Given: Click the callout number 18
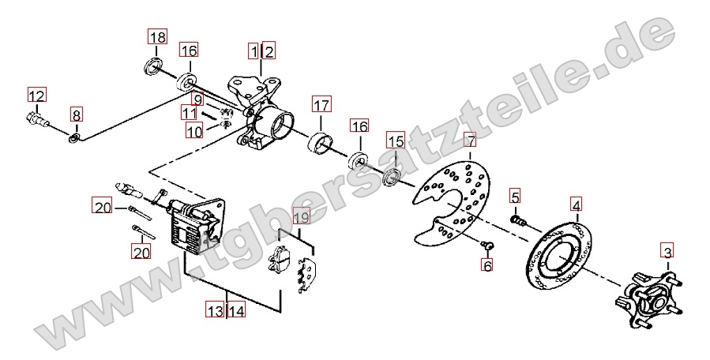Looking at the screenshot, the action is click(x=158, y=36).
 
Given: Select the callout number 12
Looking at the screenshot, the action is click(x=37, y=96).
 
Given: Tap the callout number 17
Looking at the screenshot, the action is click(x=321, y=106).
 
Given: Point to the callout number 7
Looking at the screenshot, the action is click(x=471, y=141).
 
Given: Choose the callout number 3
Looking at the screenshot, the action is click(x=667, y=250).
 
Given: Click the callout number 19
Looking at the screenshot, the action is click(x=302, y=217).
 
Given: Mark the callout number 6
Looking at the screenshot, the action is click(x=487, y=265).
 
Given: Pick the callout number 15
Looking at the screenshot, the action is click(x=396, y=141).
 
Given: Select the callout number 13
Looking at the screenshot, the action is click(x=215, y=310).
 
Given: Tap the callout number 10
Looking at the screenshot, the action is click(x=195, y=131).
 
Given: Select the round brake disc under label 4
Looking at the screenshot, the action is click(x=559, y=256).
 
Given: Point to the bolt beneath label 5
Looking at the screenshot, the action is click(x=518, y=221).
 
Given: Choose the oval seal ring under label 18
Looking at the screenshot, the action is click(x=152, y=66).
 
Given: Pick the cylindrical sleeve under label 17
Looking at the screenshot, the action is click(x=320, y=144).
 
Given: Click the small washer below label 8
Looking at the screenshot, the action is click(x=75, y=137).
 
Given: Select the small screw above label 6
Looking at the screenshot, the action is click(x=487, y=245).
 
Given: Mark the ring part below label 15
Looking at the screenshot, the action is click(x=392, y=176).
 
